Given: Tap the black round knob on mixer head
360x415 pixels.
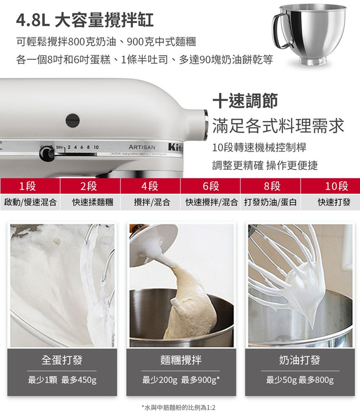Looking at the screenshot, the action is [72, 120].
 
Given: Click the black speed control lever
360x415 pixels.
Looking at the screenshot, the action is [47, 154].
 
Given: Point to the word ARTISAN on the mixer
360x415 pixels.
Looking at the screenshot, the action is [142, 147].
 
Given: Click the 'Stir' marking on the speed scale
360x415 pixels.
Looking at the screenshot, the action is [60, 147].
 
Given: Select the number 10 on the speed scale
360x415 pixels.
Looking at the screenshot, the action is [96, 147].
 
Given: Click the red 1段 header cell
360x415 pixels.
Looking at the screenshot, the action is [30, 186].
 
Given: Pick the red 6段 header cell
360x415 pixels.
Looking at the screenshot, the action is [210, 186].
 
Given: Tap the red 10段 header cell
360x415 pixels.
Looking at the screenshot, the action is [330, 186].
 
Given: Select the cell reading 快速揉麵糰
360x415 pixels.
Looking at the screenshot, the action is [90, 202].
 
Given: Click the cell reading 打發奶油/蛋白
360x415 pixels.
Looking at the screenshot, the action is [270, 202].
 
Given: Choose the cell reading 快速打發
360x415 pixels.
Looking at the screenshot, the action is [330, 202].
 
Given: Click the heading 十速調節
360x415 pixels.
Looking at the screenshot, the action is [245, 101].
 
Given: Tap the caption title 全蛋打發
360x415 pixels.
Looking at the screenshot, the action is [62, 360].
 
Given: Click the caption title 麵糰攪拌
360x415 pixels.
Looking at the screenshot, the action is [181, 360].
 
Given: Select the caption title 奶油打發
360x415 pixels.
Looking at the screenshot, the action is [300, 360].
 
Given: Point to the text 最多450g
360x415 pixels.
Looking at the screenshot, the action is [79, 380].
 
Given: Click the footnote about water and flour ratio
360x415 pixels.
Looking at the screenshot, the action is [179, 407].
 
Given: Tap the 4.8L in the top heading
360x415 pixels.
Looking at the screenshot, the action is [33, 20].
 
